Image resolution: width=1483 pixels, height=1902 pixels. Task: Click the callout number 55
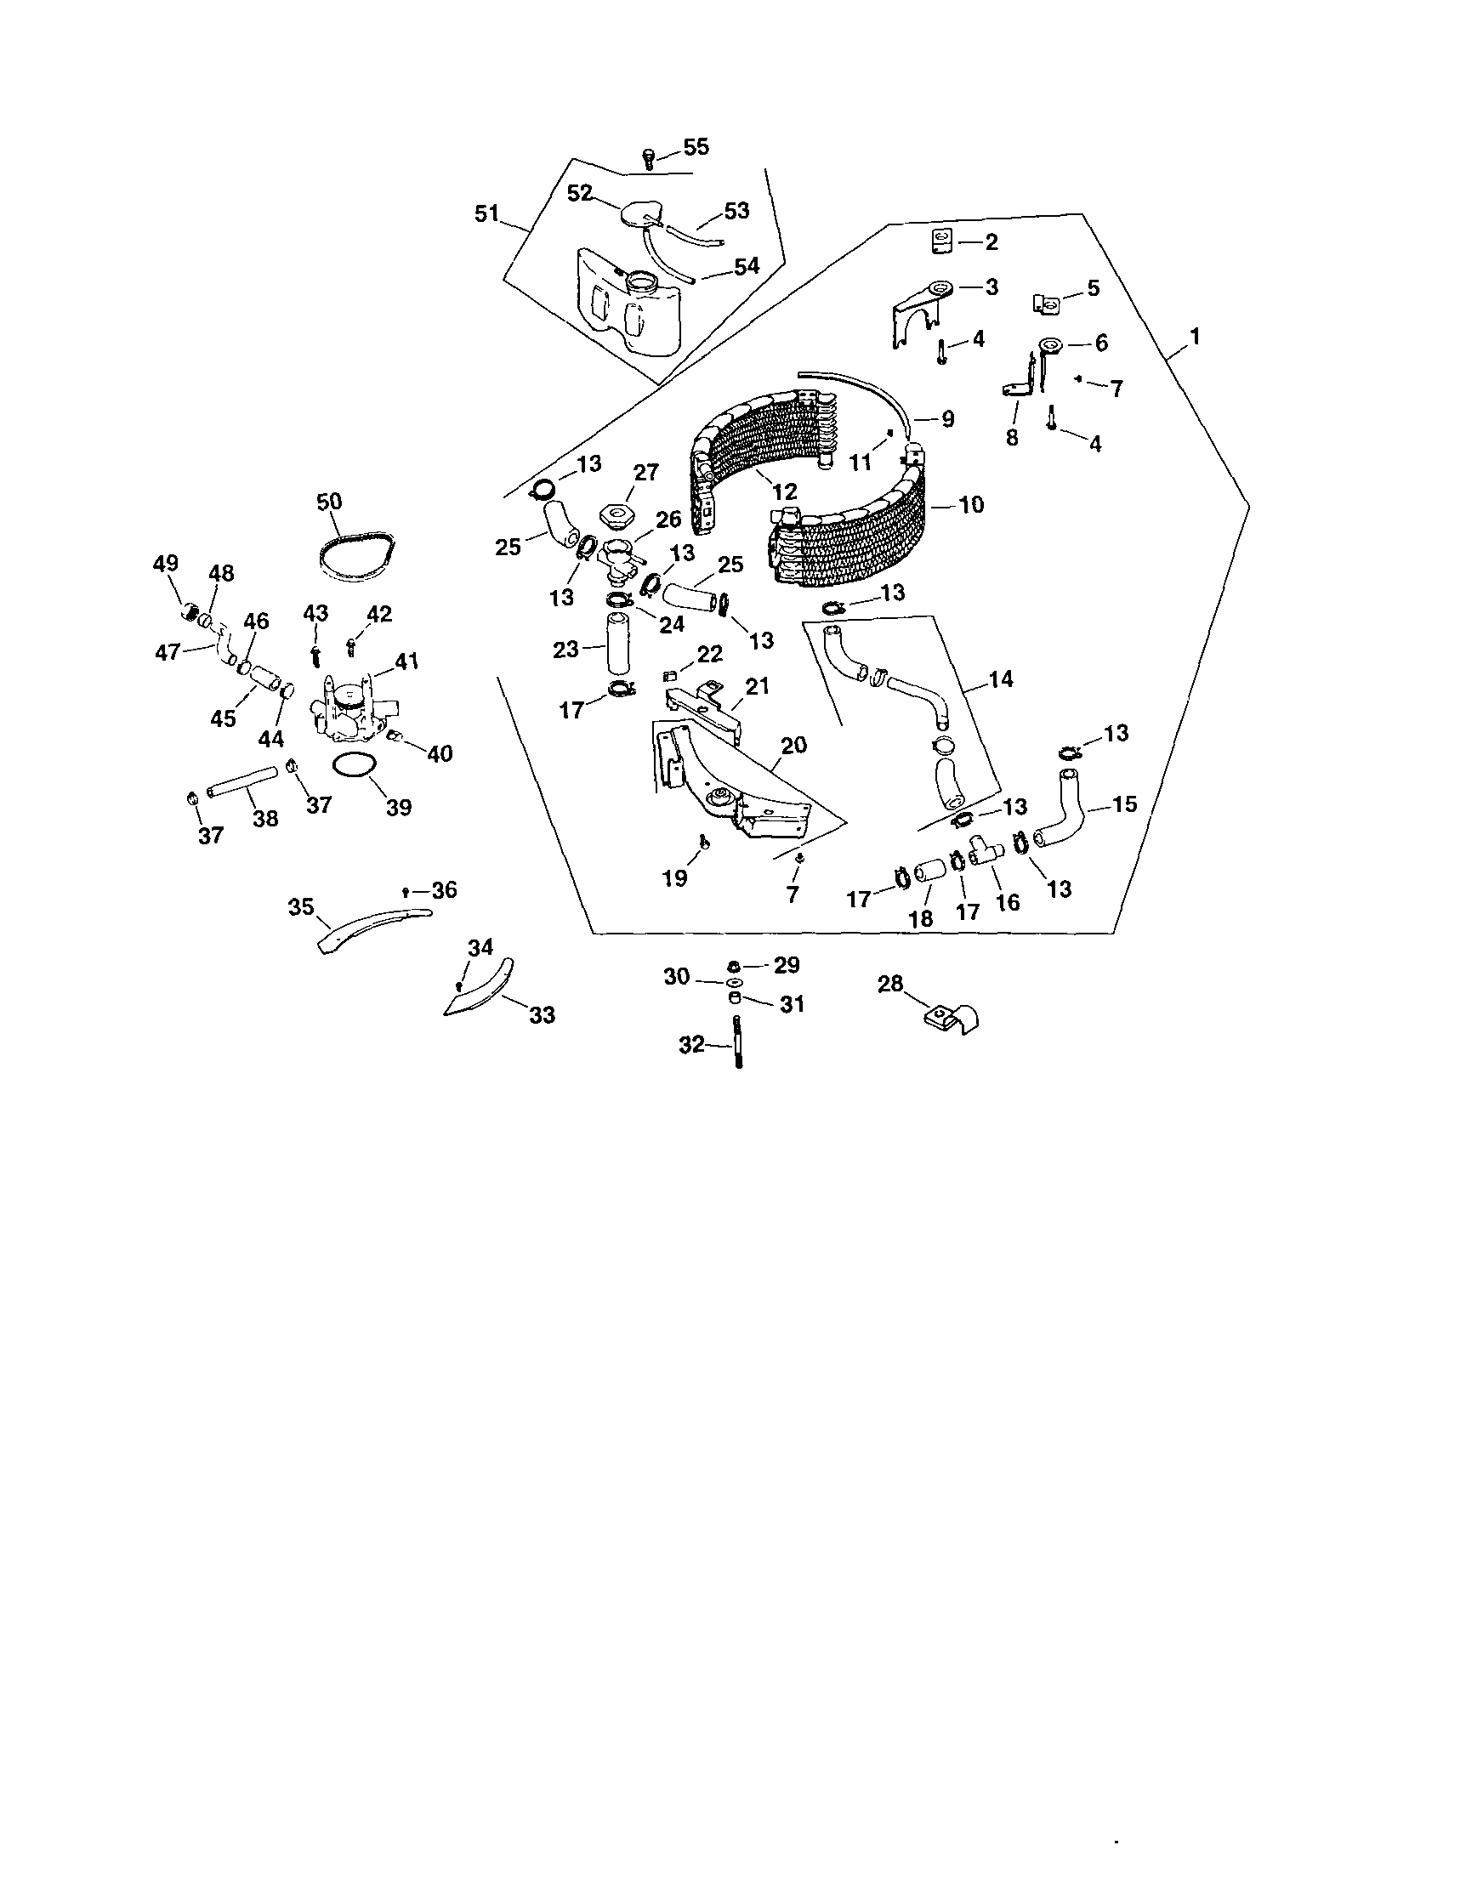[696, 147]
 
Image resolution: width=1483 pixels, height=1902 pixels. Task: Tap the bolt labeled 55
[647, 159]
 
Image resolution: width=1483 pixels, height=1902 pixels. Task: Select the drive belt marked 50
[357, 555]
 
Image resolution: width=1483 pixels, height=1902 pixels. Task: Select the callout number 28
[890, 985]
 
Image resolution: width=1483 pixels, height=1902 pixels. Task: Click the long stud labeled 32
[737, 1043]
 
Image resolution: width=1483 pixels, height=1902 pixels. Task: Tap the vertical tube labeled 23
[620, 645]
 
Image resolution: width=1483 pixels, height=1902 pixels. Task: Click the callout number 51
[486, 213]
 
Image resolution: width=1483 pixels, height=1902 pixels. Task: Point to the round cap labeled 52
[642, 215]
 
